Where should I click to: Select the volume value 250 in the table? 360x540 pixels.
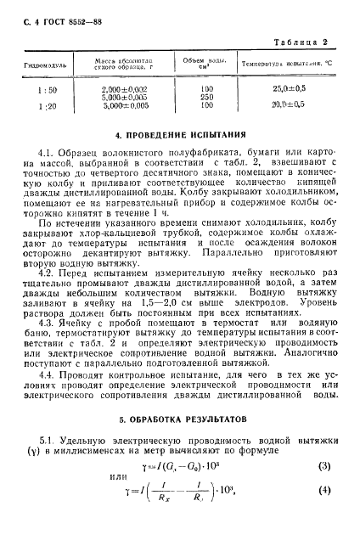click(x=205, y=97)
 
